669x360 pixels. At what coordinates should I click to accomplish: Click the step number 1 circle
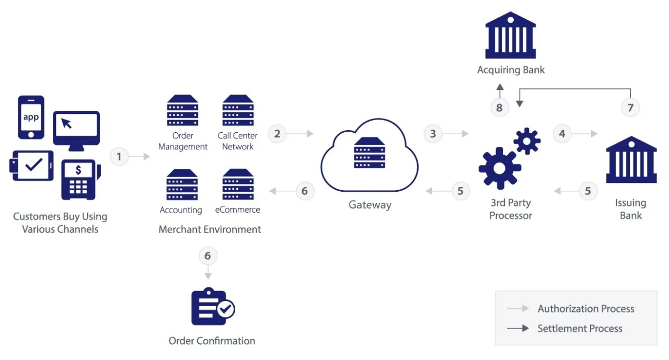click(119, 156)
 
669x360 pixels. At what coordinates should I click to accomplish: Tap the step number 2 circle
click(277, 134)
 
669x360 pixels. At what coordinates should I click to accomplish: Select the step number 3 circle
click(433, 134)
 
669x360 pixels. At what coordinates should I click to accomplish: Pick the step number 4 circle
click(562, 134)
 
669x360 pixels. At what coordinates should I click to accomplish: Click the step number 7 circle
click(630, 108)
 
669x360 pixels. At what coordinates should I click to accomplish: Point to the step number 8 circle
click(500, 108)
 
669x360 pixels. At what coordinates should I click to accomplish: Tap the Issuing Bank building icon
click(631, 159)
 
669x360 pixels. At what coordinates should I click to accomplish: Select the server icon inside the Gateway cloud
click(370, 153)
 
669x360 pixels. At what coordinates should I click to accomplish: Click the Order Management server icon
click(182, 110)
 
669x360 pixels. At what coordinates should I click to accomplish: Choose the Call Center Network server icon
click(238, 110)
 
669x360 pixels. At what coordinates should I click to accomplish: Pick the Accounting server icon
click(182, 184)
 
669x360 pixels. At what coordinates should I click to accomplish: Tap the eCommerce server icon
click(238, 184)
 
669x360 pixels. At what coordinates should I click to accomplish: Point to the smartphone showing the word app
click(31, 117)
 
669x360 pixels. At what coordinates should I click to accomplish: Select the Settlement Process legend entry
click(580, 329)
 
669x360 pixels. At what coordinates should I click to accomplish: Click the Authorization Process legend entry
click(585, 309)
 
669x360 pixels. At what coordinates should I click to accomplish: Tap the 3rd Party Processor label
click(511, 209)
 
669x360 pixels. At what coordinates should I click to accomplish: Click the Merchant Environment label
click(210, 229)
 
